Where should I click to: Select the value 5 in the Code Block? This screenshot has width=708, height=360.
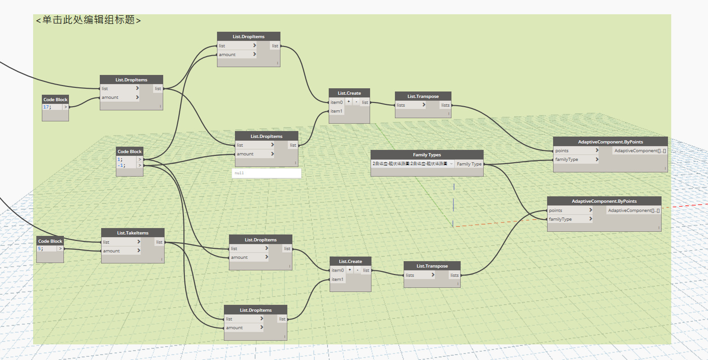[40, 248]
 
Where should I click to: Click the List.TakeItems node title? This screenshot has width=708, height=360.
[132, 233]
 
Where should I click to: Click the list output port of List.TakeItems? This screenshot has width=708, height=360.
[159, 242]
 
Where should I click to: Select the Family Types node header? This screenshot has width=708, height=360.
[427, 155]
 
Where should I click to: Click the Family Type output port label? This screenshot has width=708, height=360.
[469, 164]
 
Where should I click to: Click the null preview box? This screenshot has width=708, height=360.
[266, 173]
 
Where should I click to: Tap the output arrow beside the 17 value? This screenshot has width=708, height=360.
[65, 107]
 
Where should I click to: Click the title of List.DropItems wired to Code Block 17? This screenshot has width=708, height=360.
[131, 80]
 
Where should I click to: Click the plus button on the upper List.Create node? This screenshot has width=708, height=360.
[348, 102]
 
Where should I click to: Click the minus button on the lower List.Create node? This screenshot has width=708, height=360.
[357, 270]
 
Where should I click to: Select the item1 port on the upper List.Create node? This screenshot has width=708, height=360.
[337, 111]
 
